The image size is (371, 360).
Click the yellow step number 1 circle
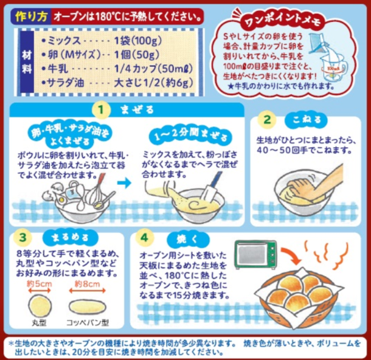pos(101,109)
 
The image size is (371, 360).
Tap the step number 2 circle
pos(267,119)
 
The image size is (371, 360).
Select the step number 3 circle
pos(23,237)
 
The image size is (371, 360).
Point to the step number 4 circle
pos(144,237)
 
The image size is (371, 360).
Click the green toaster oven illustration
pos(255,255)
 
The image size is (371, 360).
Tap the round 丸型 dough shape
pos(40,306)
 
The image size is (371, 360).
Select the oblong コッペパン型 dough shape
pos(87,306)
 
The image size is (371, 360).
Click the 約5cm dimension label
pos(40,284)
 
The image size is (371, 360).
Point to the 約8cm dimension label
pos(88,284)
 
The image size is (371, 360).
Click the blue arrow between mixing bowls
pos(125,182)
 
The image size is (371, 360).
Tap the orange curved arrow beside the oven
pos(291,255)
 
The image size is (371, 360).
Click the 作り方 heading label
pos(31,16)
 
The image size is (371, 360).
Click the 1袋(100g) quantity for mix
pos(138,41)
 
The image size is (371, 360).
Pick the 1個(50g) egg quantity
pos(137,55)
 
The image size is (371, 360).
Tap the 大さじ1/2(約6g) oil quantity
pos(153,83)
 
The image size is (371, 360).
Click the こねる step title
pos(307,120)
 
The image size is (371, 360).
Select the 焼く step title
pos(188,240)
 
